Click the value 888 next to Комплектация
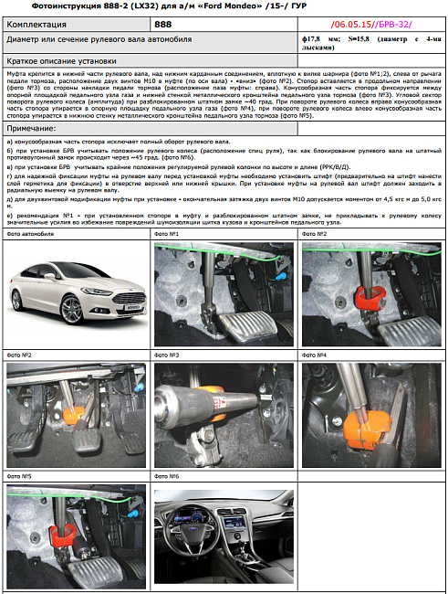click(x=163, y=24)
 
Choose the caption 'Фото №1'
click(x=167, y=235)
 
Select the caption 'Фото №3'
click(x=167, y=355)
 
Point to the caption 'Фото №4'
click(x=315, y=355)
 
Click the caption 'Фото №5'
click(x=19, y=476)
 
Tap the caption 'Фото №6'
click(x=167, y=476)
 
